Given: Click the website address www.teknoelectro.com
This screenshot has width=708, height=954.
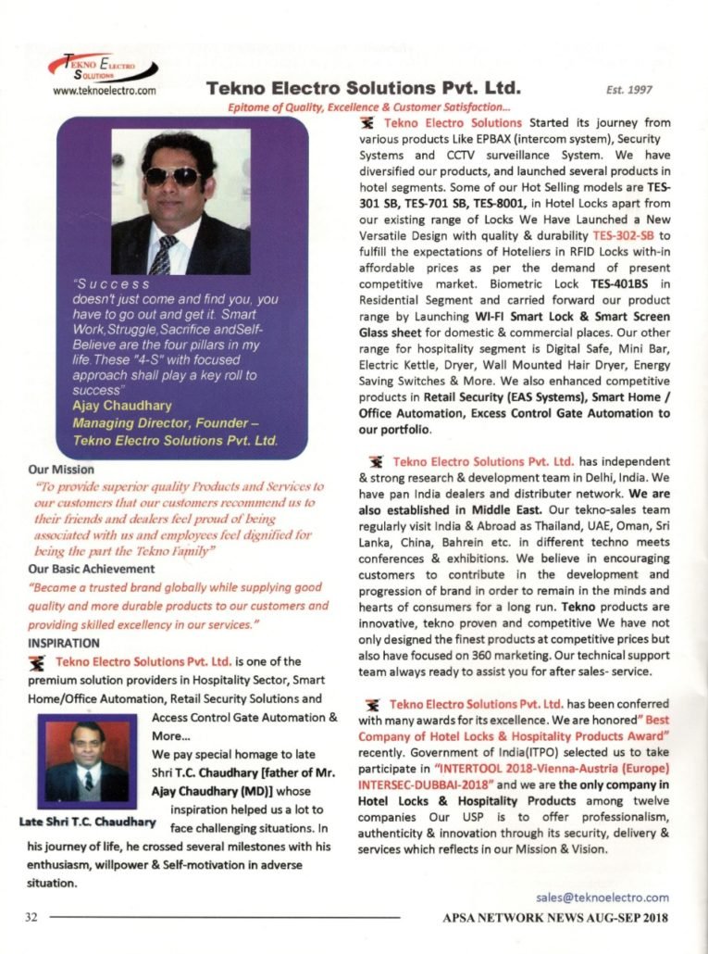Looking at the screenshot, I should pos(105,91).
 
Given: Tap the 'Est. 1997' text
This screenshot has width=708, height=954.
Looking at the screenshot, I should pos(628,90).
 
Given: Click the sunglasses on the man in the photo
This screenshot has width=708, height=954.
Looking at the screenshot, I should pos(172,175).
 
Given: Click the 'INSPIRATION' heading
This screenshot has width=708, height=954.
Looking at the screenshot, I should pos(64,641).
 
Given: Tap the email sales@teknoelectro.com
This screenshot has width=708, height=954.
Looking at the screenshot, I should pos(602,897).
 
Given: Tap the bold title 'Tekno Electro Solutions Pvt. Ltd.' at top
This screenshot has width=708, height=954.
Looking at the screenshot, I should pos(361,89).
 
